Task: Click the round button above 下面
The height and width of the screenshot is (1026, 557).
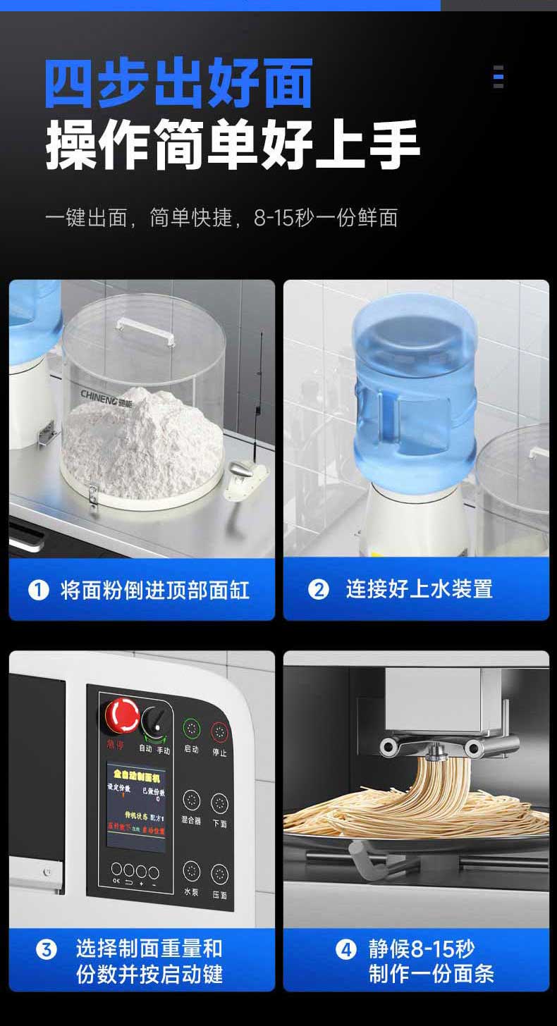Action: tap(220, 802)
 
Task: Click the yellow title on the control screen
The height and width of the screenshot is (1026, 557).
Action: tap(137, 774)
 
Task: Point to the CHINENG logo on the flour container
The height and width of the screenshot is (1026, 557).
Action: tap(105, 391)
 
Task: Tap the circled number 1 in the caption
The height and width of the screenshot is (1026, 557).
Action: tap(38, 589)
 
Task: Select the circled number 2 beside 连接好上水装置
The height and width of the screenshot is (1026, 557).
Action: tap(319, 589)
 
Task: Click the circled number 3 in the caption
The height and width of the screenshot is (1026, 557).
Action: tap(47, 950)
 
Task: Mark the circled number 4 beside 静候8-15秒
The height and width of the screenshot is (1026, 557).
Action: tap(345, 950)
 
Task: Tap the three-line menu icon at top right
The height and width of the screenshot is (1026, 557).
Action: tap(498, 76)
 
